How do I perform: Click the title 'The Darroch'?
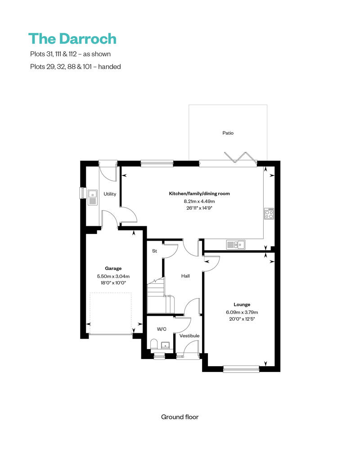click(x=72, y=39)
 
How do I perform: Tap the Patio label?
click(x=228, y=133)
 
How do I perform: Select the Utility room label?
click(x=110, y=194)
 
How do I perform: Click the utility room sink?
click(x=93, y=197)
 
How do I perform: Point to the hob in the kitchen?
click(x=269, y=213)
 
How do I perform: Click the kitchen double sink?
click(x=235, y=245)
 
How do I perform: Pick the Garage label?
click(x=113, y=269)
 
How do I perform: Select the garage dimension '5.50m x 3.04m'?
click(x=113, y=276)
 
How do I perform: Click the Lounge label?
click(x=242, y=305)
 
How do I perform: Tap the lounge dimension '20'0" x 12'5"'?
click(x=242, y=319)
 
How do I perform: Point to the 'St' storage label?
click(x=154, y=251)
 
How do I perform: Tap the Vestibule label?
click(x=189, y=336)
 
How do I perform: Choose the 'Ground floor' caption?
click(x=180, y=417)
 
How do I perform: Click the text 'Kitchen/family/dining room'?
click(x=199, y=194)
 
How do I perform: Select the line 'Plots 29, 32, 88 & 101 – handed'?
click(x=75, y=67)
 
